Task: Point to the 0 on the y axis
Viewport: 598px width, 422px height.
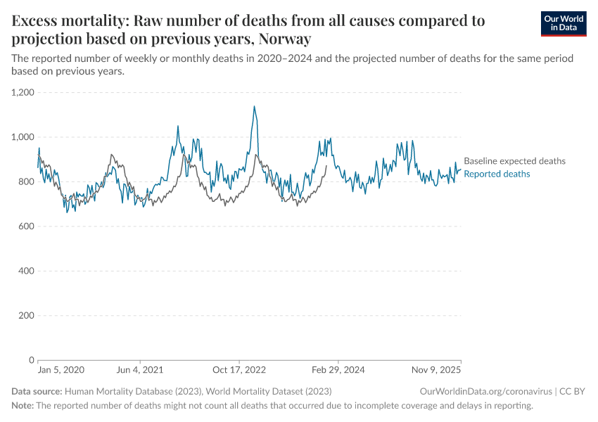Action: click(x=31, y=360)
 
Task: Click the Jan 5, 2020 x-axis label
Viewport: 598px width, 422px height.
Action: click(x=61, y=369)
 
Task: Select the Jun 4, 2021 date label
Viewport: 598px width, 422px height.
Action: click(x=139, y=369)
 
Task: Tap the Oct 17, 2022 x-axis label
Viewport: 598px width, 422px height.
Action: click(x=239, y=369)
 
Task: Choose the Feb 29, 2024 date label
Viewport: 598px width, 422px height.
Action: click(x=338, y=369)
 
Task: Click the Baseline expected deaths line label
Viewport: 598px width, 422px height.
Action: click(x=514, y=161)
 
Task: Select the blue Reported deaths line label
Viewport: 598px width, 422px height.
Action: click(x=497, y=174)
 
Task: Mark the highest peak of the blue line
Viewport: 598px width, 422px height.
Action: click(x=254, y=106)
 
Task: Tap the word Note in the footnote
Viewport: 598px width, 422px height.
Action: click(x=23, y=406)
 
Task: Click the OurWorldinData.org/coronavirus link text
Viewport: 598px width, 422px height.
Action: click(x=485, y=391)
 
